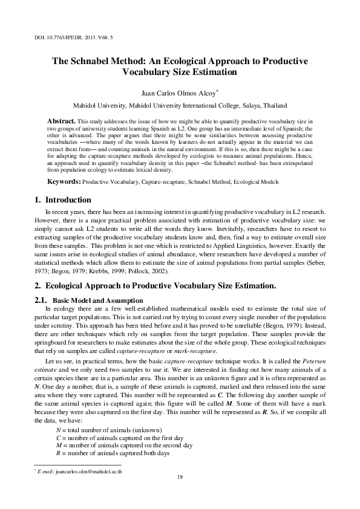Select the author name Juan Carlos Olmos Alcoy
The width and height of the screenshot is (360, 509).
tap(178, 94)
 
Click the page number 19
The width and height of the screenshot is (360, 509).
tap(180, 478)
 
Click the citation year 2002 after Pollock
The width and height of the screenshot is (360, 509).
tap(157, 271)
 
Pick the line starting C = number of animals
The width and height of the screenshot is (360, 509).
tap(111, 437)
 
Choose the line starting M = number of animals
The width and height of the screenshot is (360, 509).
tap(116, 445)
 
